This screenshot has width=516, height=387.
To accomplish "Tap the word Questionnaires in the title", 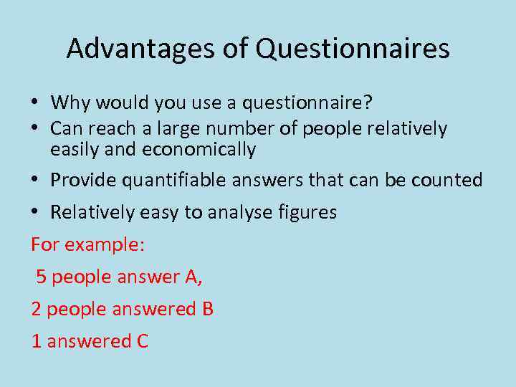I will [x=353, y=49].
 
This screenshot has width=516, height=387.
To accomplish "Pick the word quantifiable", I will [x=174, y=181].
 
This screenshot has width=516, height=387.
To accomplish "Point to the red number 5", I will [x=42, y=277].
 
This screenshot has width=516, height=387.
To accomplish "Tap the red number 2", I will [x=36, y=309].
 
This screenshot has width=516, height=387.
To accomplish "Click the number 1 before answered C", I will [x=36, y=341].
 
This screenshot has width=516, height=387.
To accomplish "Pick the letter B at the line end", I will [x=207, y=309].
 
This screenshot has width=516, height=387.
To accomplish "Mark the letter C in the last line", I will [x=142, y=341].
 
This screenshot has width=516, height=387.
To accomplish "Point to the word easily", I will [x=75, y=150].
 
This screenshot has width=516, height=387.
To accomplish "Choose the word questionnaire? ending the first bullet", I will [x=307, y=104].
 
